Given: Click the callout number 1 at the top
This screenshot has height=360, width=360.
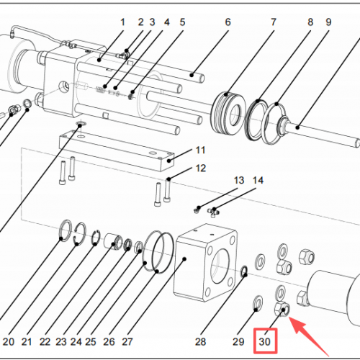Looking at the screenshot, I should point(122,22).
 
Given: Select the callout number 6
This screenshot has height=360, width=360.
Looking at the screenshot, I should point(228,22).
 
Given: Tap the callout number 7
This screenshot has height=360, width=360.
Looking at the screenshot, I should point(274,22).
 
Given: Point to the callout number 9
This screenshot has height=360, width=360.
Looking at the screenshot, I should point(328,22).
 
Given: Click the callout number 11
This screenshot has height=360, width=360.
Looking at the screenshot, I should point(201,150).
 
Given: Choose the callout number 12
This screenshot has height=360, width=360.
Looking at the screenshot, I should point(201,168).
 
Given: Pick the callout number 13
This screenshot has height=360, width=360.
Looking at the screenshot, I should point(239,180).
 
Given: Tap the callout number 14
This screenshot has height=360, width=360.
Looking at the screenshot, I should point(258,180).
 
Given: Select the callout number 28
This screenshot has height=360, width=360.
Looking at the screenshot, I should point(200,341).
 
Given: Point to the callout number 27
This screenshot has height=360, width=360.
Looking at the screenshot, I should point(128,341).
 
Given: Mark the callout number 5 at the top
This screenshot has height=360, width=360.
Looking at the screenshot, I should point(182,22).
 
